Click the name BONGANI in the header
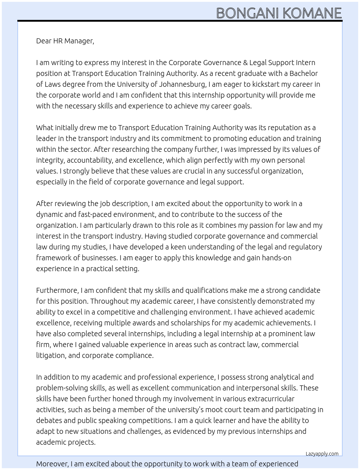tap(248, 13)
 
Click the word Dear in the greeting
tap(44, 41)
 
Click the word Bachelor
tap(304, 73)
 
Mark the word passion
tap(260, 225)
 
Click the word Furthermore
tap(57, 290)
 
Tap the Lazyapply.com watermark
tap(322, 454)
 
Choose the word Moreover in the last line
tap(52, 464)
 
